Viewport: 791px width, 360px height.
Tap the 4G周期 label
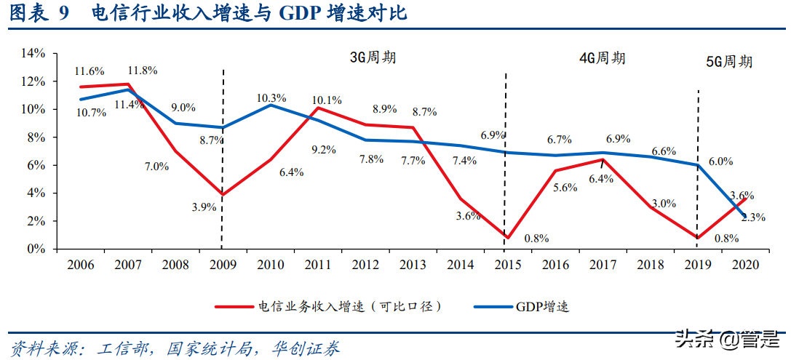click(603, 58)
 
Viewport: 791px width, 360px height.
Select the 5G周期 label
click(729, 62)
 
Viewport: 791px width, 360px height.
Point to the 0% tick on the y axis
click(36, 249)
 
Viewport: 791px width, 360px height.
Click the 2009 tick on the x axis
click(222, 265)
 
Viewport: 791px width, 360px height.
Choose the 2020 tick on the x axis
click(743, 265)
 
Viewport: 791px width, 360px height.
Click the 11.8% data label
click(143, 71)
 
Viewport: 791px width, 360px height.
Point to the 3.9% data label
click(204, 207)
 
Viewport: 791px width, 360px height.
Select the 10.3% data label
click(271, 97)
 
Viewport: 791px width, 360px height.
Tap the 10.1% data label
click(327, 100)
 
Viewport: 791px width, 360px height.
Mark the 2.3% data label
click(753, 217)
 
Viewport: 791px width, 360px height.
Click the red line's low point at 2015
click(506, 238)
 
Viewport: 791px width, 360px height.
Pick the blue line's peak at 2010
click(271, 105)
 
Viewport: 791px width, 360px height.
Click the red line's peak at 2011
click(317, 108)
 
